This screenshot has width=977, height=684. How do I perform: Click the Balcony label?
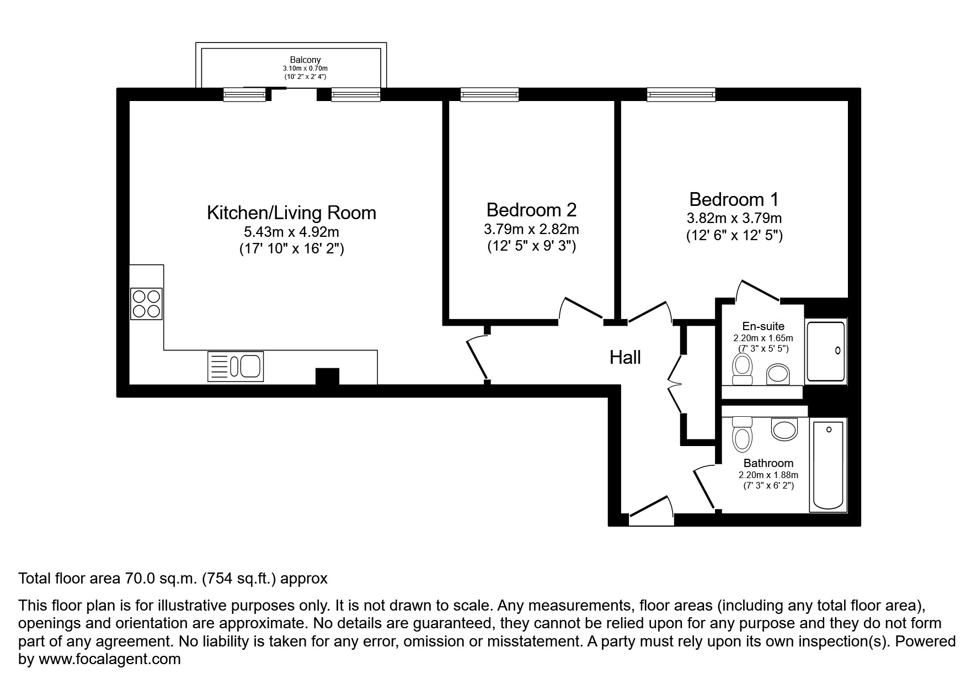click(x=305, y=60)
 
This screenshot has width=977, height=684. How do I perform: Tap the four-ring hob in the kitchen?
click(x=146, y=304)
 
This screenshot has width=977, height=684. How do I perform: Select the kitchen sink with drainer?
click(x=236, y=366)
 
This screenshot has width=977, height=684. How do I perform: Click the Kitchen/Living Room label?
click(x=291, y=213)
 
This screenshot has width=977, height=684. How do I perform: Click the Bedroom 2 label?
click(x=531, y=210)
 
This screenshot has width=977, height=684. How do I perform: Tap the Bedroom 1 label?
click(x=734, y=199)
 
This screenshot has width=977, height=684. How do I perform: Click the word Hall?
click(x=625, y=358)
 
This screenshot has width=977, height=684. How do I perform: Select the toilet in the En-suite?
click(x=742, y=369)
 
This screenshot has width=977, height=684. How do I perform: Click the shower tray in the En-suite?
click(x=825, y=352)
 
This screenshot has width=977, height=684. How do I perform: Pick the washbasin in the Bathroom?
click(x=784, y=428)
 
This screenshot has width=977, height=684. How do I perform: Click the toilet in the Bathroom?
click(x=742, y=434)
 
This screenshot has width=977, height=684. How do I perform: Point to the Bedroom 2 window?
click(x=489, y=96)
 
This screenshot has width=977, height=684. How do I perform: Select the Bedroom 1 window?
click(x=681, y=96)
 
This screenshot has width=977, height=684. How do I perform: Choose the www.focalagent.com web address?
click(x=109, y=659)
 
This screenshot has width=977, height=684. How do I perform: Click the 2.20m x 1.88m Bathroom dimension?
click(x=768, y=475)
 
